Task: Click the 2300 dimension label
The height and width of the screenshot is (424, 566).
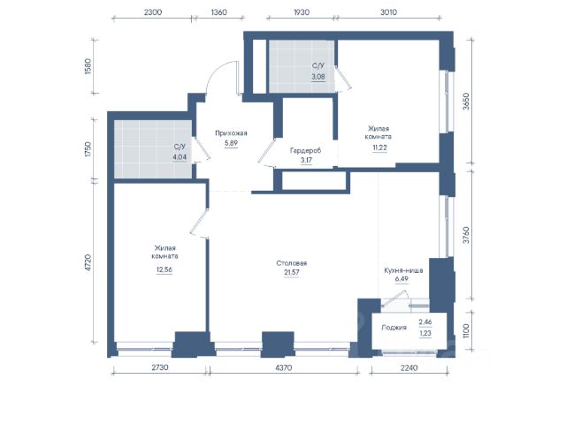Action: (153, 11)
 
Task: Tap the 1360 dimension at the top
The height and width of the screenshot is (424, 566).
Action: (218, 11)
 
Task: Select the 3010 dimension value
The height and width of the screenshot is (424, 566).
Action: (388, 11)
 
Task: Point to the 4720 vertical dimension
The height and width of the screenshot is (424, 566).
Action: (88, 263)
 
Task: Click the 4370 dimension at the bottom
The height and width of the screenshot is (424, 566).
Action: (284, 367)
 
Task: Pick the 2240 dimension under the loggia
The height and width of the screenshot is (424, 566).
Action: (409, 367)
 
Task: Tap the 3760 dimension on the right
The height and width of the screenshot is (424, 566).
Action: (466, 235)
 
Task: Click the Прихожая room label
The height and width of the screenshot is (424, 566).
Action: (231, 133)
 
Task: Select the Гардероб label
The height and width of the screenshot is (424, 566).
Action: (305, 150)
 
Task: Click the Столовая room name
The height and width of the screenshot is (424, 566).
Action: (291, 263)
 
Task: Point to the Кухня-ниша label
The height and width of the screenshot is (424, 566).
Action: (403, 270)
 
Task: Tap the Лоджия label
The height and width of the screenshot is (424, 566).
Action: (394, 328)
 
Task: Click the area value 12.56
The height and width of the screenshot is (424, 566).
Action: (164, 269)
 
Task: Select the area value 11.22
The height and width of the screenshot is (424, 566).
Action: (379, 148)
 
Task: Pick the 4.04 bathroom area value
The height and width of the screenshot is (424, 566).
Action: (180, 157)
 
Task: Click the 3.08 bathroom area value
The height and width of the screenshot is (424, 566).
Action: (318, 77)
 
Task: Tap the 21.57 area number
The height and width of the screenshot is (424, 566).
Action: (292, 272)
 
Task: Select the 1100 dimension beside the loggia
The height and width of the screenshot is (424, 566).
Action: (466, 330)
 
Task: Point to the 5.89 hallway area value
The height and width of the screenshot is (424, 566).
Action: (231, 143)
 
